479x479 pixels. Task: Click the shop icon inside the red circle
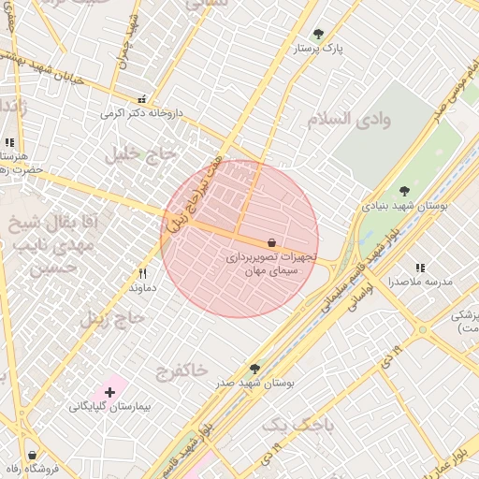(x=271, y=242)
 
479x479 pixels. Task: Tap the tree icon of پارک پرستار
(x=318, y=34)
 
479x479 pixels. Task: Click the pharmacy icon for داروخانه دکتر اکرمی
(x=142, y=98)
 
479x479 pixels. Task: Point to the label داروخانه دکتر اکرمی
(x=143, y=113)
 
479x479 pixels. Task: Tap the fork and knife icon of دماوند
(x=142, y=273)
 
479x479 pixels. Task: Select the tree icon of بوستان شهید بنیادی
(x=404, y=190)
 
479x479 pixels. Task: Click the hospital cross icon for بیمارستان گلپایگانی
(x=109, y=393)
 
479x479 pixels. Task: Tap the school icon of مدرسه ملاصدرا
(x=420, y=268)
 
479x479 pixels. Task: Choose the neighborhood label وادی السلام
(x=347, y=119)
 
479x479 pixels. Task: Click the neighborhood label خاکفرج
(x=182, y=370)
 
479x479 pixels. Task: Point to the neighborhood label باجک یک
(x=297, y=426)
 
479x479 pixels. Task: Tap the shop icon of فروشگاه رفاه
(x=31, y=455)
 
